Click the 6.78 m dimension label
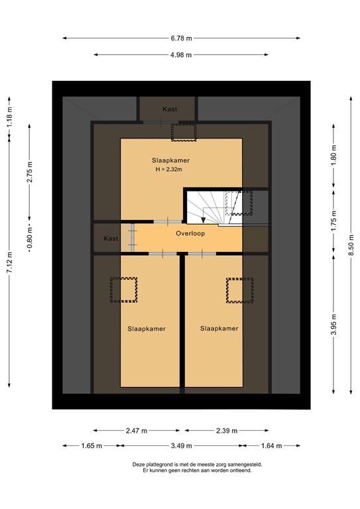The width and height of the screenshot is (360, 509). [180, 38]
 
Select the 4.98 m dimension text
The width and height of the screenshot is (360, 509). [180, 55]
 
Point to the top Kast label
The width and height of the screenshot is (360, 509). [170, 109]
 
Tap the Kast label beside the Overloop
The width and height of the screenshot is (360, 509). [111, 239]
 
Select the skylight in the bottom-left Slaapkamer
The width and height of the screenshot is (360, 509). [123, 290]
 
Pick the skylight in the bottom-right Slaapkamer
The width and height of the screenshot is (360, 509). [239, 289]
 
